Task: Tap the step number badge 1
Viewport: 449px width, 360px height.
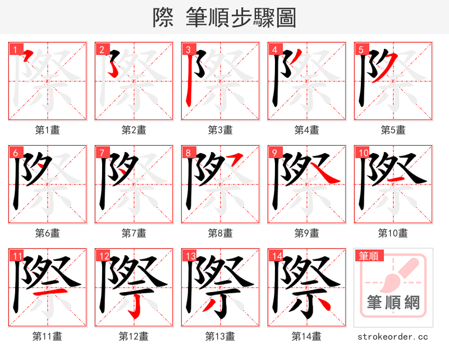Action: click(14, 49)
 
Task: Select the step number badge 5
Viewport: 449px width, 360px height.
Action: click(360, 49)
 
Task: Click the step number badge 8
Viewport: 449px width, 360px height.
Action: click(187, 153)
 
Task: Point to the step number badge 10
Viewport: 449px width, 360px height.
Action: click(362, 153)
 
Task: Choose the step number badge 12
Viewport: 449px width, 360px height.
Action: click(103, 256)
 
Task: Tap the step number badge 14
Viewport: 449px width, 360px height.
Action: click(276, 256)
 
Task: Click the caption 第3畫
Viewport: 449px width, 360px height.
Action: click(220, 130)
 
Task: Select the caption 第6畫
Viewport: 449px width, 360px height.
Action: click(47, 233)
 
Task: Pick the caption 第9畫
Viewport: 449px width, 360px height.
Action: click(306, 233)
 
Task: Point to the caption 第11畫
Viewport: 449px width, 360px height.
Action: click(47, 336)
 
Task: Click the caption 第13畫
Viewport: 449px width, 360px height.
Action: click(220, 336)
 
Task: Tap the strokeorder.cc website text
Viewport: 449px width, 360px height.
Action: click(392, 336)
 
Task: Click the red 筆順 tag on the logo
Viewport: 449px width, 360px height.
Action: click(368, 256)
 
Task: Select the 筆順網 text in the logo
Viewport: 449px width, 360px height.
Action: click(393, 303)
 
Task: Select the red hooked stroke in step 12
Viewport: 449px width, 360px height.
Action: click(134, 306)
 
